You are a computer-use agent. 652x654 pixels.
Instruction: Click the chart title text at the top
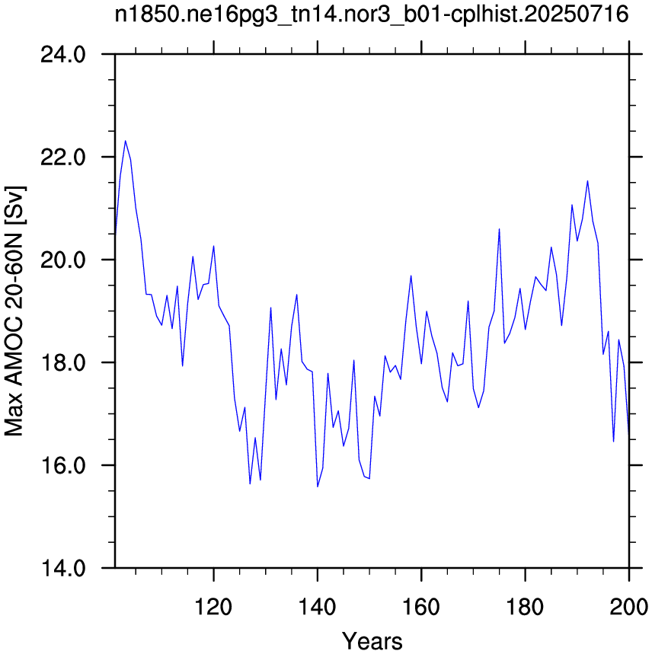371,15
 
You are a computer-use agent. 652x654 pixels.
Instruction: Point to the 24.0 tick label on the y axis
62,55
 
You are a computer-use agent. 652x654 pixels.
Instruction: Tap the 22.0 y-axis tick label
62,158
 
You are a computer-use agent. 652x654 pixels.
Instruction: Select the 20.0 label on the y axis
62,260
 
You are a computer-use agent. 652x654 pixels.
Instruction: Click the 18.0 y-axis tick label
62,362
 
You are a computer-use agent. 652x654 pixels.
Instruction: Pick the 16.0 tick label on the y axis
62,465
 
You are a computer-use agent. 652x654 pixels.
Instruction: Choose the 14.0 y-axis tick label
62,568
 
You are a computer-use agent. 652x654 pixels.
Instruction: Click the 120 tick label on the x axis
213,607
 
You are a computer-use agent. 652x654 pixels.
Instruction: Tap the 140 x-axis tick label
317,607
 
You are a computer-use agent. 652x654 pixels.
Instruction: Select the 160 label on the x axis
421,607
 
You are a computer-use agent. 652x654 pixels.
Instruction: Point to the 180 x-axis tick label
525,607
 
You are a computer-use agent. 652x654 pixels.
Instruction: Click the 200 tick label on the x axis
628,607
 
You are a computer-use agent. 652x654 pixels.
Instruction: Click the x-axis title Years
372,640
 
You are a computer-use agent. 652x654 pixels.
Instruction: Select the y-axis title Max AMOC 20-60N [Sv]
14,311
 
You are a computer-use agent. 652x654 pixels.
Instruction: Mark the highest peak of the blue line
125,141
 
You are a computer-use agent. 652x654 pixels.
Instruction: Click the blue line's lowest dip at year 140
318,487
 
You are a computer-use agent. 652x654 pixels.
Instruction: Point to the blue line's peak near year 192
587,181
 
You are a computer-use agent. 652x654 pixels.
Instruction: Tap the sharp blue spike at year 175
499,229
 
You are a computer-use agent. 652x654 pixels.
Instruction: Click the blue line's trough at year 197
613,442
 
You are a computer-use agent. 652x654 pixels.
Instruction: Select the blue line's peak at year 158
411,276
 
